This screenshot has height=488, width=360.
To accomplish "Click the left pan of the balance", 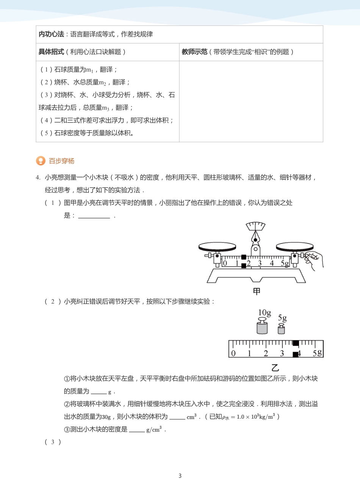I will (217, 246).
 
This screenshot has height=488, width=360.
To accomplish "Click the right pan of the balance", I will (294, 247).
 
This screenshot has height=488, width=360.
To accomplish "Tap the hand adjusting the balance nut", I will (315, 260).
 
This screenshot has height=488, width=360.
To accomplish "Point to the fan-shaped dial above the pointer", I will (255, 226).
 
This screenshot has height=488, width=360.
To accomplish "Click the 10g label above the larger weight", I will (265, 313).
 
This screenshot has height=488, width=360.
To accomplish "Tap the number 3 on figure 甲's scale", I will (260, 263).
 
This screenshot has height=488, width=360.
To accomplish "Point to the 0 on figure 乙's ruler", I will (233, 353).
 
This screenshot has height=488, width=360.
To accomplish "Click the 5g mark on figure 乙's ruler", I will (317, 353).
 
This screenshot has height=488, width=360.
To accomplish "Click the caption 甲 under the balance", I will (257, 291).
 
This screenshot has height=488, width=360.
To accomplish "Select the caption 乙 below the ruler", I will (275, 367).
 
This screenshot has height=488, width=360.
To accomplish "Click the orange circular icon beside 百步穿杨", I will (41, 161).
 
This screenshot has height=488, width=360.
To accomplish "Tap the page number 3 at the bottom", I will (180, 476).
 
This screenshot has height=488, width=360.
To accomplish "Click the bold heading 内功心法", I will (51, 34).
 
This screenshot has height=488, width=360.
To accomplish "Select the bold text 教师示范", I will (194, 52).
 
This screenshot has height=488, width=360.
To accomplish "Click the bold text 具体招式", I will (51, 52).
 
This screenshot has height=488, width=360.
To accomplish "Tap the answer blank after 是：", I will (94, 216).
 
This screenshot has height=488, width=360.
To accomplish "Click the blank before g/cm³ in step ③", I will (136, 430).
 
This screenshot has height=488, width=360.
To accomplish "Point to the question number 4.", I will (38, 178).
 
